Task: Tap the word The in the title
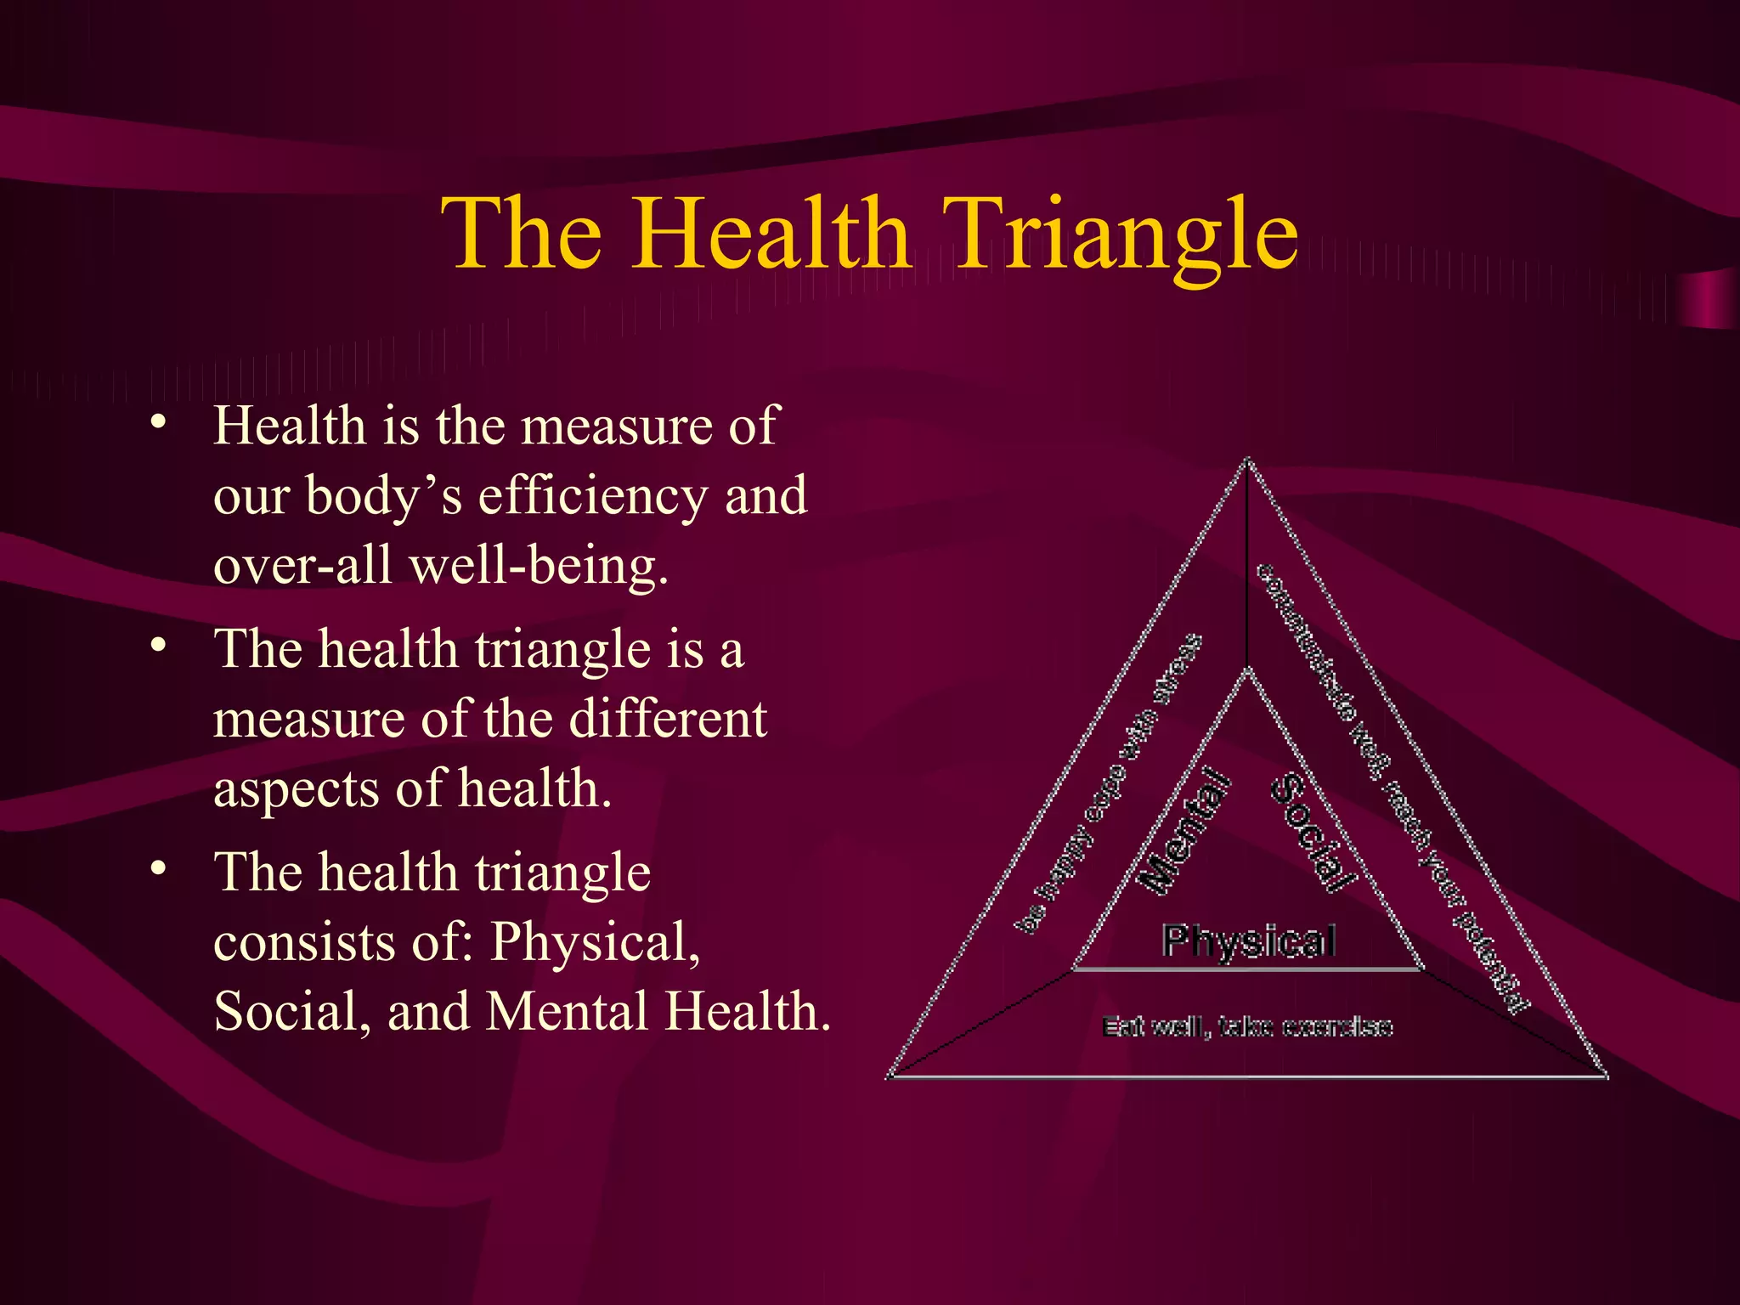coord(522,234)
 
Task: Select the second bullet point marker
coord(157,646)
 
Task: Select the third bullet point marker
coord(157,869)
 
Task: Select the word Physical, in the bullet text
coord(595,943)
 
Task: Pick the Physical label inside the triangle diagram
coord(1249,941)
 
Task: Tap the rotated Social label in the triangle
coord(1313,833)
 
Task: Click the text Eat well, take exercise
coord(1247,1027)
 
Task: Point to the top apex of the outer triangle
coord(1247,461)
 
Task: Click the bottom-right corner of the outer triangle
coord(1605,1076)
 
